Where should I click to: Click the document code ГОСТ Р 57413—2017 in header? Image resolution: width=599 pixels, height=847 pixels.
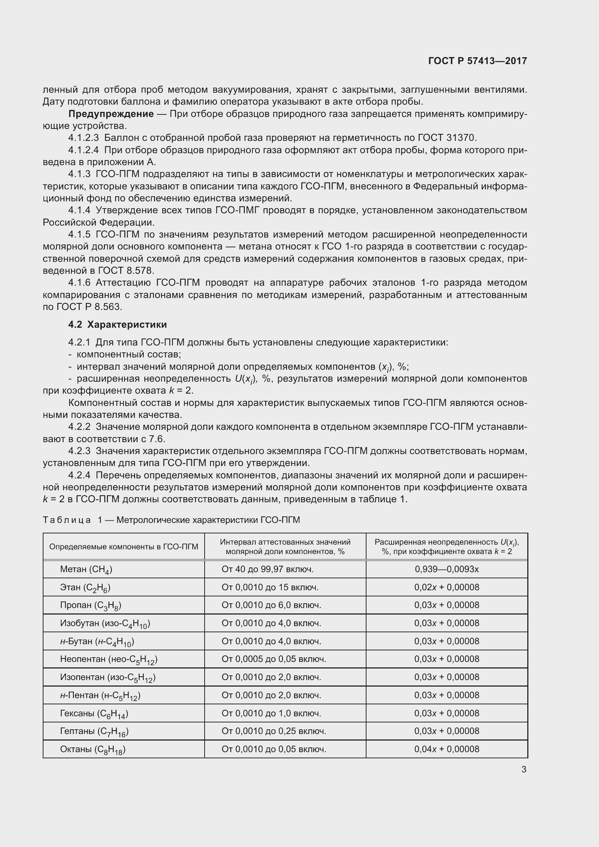(478, 61)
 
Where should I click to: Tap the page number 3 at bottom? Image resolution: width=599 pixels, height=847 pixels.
(524, 769)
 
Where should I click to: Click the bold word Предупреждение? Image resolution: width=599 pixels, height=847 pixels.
(111, 114)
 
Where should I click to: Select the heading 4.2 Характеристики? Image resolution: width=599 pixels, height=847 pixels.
(117, 324)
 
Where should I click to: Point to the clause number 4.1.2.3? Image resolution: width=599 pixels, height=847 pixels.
(83, 138)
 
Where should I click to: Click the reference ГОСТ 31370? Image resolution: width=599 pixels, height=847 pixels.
(447, 138)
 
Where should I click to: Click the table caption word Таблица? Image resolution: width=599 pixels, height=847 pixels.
(67, 520)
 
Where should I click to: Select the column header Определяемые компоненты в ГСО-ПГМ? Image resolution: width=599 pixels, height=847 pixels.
(123, 546)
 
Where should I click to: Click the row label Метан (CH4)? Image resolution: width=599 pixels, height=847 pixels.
(86, 569)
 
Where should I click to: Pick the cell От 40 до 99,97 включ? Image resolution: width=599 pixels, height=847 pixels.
(267, 569)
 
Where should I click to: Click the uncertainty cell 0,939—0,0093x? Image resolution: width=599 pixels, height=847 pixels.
(447, 569)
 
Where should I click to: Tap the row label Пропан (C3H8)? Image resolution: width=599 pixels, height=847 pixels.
(91, 605)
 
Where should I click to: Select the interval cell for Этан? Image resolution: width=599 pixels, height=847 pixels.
(270, 587)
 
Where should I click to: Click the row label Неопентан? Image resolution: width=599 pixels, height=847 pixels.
(108, 659)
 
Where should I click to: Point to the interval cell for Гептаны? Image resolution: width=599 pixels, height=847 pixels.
(274, 731)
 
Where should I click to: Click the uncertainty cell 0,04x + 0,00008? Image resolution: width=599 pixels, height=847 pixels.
(447, 749)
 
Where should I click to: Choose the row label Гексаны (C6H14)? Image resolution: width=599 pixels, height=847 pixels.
(94, 713)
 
